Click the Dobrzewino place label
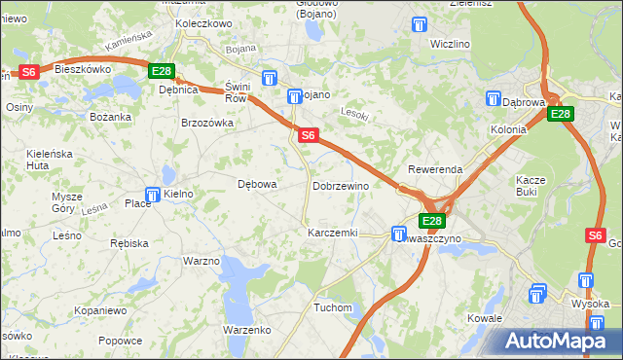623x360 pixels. [341, 186]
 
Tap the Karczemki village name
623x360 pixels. [333, 234]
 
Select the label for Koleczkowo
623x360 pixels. [202, 23]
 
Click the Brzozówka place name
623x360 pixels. [207, 124]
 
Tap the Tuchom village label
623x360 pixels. [332, 307]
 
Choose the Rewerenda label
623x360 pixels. [435, 169]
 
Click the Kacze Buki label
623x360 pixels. [534, 186]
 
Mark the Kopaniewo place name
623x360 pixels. [100, 310]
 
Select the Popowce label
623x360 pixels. [121, 341]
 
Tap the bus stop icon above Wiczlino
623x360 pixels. [421, 25]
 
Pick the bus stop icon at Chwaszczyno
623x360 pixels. [398, 234]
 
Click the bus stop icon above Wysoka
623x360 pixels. [585, 281]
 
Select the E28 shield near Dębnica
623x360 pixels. [162, 71]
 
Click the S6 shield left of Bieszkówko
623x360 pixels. [28, 71]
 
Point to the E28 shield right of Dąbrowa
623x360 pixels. [560, 115]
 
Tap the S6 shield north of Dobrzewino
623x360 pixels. [307, 136]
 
